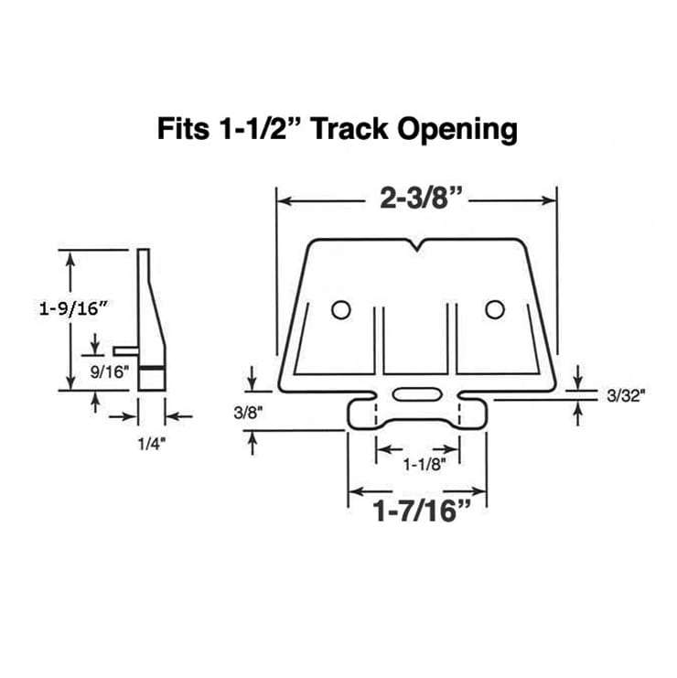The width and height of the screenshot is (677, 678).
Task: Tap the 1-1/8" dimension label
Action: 416,465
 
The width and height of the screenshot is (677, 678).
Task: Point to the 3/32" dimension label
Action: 627,396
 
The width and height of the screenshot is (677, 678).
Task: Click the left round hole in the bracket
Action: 340,310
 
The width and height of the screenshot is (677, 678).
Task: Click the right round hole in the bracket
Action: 495,310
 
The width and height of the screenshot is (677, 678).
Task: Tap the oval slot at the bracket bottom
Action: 417,395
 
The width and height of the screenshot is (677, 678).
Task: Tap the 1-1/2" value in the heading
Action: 263,129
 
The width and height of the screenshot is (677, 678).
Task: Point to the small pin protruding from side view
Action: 125,349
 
